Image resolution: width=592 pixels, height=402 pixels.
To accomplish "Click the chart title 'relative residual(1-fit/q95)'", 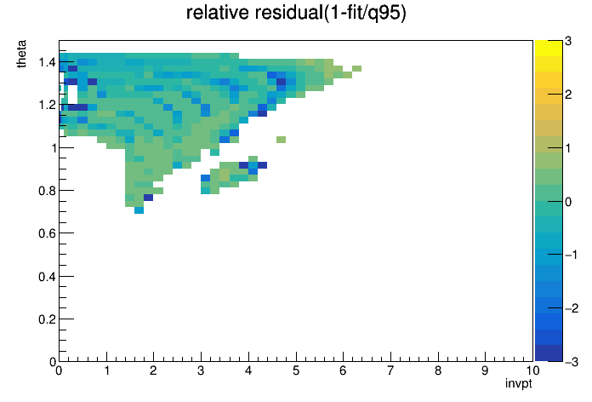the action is [x=296, y=14].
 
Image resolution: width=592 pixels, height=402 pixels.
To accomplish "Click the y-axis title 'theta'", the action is [x=21, y=54].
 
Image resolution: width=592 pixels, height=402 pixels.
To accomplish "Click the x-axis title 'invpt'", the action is [x=519, y=383].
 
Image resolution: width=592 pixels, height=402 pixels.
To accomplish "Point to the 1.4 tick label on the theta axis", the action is [x=47, y=61].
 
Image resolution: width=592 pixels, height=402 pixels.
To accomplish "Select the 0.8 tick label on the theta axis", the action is [x=47, y=191].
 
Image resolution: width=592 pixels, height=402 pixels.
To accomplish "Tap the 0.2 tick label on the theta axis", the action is [x=47, y=319].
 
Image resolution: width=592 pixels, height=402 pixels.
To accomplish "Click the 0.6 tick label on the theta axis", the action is [x=47, y=233].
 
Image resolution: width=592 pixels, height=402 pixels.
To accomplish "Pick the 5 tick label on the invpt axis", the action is [x=296, y=370].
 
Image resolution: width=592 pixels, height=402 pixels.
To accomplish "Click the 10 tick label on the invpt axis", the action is [x=532, y=370].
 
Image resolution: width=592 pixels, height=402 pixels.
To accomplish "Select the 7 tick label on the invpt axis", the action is [x=390, y=370].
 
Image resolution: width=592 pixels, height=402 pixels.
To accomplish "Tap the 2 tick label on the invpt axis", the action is [x=153, y=370].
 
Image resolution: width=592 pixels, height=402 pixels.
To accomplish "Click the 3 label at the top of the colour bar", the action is [x=568, y=41].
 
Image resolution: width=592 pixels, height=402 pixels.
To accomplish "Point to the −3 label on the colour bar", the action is [x=572, y=362].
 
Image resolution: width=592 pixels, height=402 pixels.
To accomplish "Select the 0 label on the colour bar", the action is [x=568, y=202].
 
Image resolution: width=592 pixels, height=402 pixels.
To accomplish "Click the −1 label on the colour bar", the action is [x=572, y=255].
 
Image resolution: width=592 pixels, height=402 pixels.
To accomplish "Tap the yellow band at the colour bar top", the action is [x=549, y=48].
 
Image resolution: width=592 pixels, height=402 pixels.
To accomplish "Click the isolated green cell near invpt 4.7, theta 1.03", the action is [x=281, y=140].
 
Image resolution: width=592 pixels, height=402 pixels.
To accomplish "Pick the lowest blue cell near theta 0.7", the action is [x=139, y=210].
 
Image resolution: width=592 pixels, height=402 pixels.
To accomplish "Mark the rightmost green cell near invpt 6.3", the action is [x=356, y=68].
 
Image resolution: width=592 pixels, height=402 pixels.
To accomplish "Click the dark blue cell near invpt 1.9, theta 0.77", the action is [x=148, y=198].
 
